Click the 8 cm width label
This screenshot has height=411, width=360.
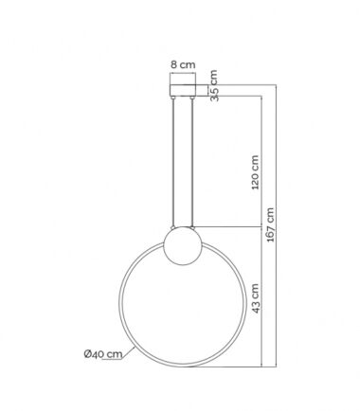tap(183, 64)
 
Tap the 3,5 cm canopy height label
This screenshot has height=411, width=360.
tap(214, 85)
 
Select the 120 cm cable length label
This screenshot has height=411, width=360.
tap(255, 172)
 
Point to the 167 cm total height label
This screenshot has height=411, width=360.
tap(270, 224)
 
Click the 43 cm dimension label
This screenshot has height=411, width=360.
tap(256, 298)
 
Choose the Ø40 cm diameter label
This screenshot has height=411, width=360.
tap(103, 354)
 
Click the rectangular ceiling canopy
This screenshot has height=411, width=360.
tap(183, 90)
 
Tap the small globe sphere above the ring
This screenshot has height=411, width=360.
tap(183, 246)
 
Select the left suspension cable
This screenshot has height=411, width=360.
tap(172, 163)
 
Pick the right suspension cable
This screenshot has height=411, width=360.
tap(192, 163)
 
